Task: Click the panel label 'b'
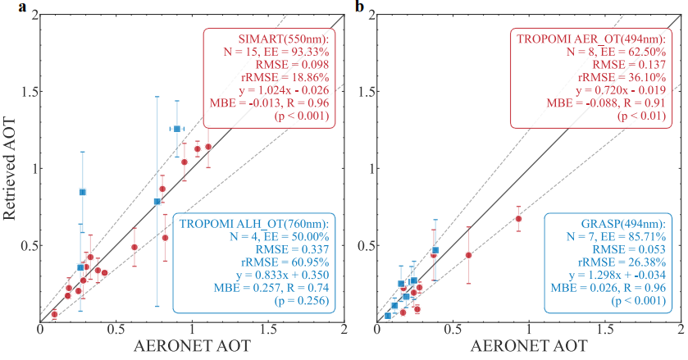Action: tap(358, 7)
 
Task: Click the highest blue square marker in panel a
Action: tap(176, 129)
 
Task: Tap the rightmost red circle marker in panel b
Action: tap(518, 219)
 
